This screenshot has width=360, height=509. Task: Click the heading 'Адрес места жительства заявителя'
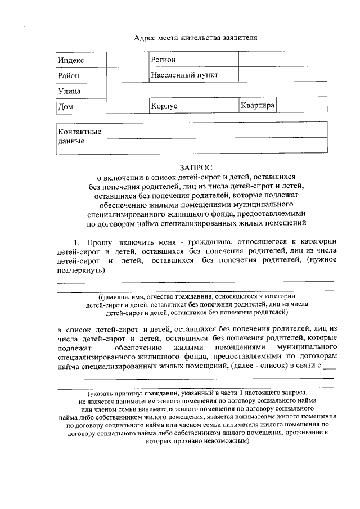click(x=195, y=38)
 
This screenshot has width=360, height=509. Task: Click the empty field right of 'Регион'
click(x=282, y=60)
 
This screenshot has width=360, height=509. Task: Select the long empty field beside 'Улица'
click(x=217, y=91)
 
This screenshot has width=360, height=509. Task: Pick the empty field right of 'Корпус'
click(x=213, y=106)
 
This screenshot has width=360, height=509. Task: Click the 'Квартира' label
click(x=257, y=105)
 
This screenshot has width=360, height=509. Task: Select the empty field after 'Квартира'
click(x=301, y=106)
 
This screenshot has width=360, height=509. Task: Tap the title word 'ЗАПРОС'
click(x=196, y=167)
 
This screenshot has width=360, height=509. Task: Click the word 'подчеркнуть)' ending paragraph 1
click(x=82, y=270)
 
